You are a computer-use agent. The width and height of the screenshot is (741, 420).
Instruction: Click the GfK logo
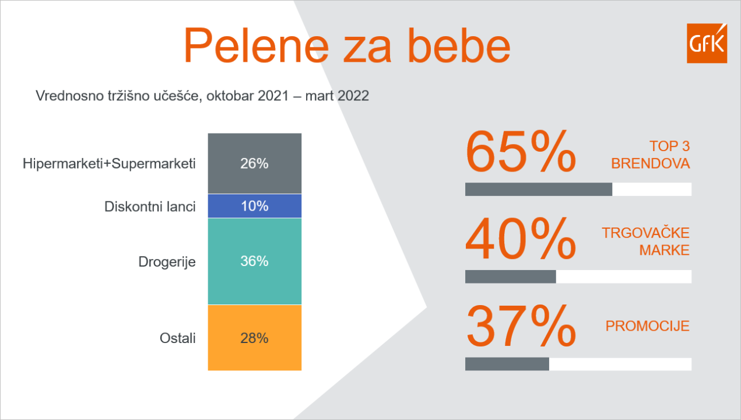pyautogui.click(x=707, y=43)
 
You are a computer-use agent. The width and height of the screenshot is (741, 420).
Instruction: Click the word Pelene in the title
pyautogui.click(x=257, y=45)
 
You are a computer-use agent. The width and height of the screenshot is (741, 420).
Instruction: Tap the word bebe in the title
pyautogui.click(x=459, y=45)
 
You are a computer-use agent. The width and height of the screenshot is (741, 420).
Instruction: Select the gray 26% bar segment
pyautogui.click(x=255, y=163)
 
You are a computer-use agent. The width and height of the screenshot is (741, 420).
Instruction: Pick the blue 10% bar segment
pyautogui.click(x=255, y=206)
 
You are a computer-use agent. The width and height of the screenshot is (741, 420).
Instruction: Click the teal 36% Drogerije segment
pyautogui.click(x=255, y=261)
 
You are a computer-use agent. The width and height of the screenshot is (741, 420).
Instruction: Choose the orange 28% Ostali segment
pyautogui.click(x=255, y=338)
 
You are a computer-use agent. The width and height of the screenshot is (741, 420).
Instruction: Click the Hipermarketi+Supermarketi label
pyautogui.click(x=109, y=164)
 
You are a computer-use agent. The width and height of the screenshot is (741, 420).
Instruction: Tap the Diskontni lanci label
pyautogui.click(x=150, y=206)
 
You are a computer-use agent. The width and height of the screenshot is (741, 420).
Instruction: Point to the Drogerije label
pyautogui.click(x=167, y=262)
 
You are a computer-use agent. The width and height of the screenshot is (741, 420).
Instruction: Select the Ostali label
pyautogui.click(x=178, y=338)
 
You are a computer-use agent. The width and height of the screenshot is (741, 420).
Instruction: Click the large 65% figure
pyautogui.click(x=521, y=152)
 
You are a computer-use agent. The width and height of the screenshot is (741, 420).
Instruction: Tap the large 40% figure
pyautogui.click(x=521, y=239)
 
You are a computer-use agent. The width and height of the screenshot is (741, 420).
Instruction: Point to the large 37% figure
pyautogui.click(x=521, y=326)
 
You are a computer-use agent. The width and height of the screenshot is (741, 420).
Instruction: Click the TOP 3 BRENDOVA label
pyautogui.click(x=651, y=155)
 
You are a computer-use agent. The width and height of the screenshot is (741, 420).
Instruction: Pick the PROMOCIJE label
pyautogui.click(x=648, y=326)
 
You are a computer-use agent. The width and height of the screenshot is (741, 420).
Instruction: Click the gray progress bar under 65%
pyautogui.click(x=539, y=190)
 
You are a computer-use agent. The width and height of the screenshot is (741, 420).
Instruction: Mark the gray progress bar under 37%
pyautogui.click(x=507, y=364)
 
